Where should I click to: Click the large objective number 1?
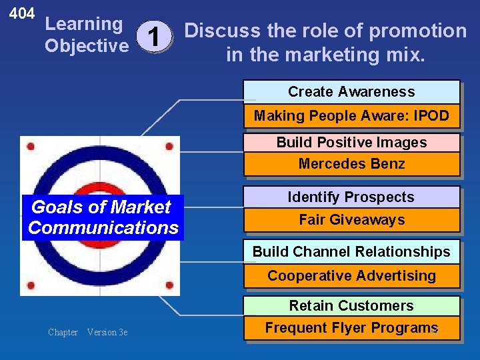tap(154, 37)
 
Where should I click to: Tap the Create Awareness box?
tap(351, 92)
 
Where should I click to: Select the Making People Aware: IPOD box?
tap(351, 116)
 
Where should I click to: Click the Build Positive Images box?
tap(351, 143)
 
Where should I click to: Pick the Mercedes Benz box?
tap(351, 164)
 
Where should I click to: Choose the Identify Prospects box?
tap(351, 197)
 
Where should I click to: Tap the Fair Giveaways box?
tap(351, 220)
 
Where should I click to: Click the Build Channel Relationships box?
tap(351, 252)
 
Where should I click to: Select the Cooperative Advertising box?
tap(351, 275)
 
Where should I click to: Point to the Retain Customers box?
tap(351, 306)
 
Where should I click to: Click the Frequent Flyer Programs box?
tap(351, 327)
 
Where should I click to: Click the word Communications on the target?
tap(103, 228)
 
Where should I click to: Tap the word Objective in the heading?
tap(86, 46)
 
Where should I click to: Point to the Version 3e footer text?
tap(107, 332)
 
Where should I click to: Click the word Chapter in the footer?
tap(63, 332)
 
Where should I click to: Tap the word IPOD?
tap(431, 116)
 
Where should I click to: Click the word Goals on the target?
tap(54, 207)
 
